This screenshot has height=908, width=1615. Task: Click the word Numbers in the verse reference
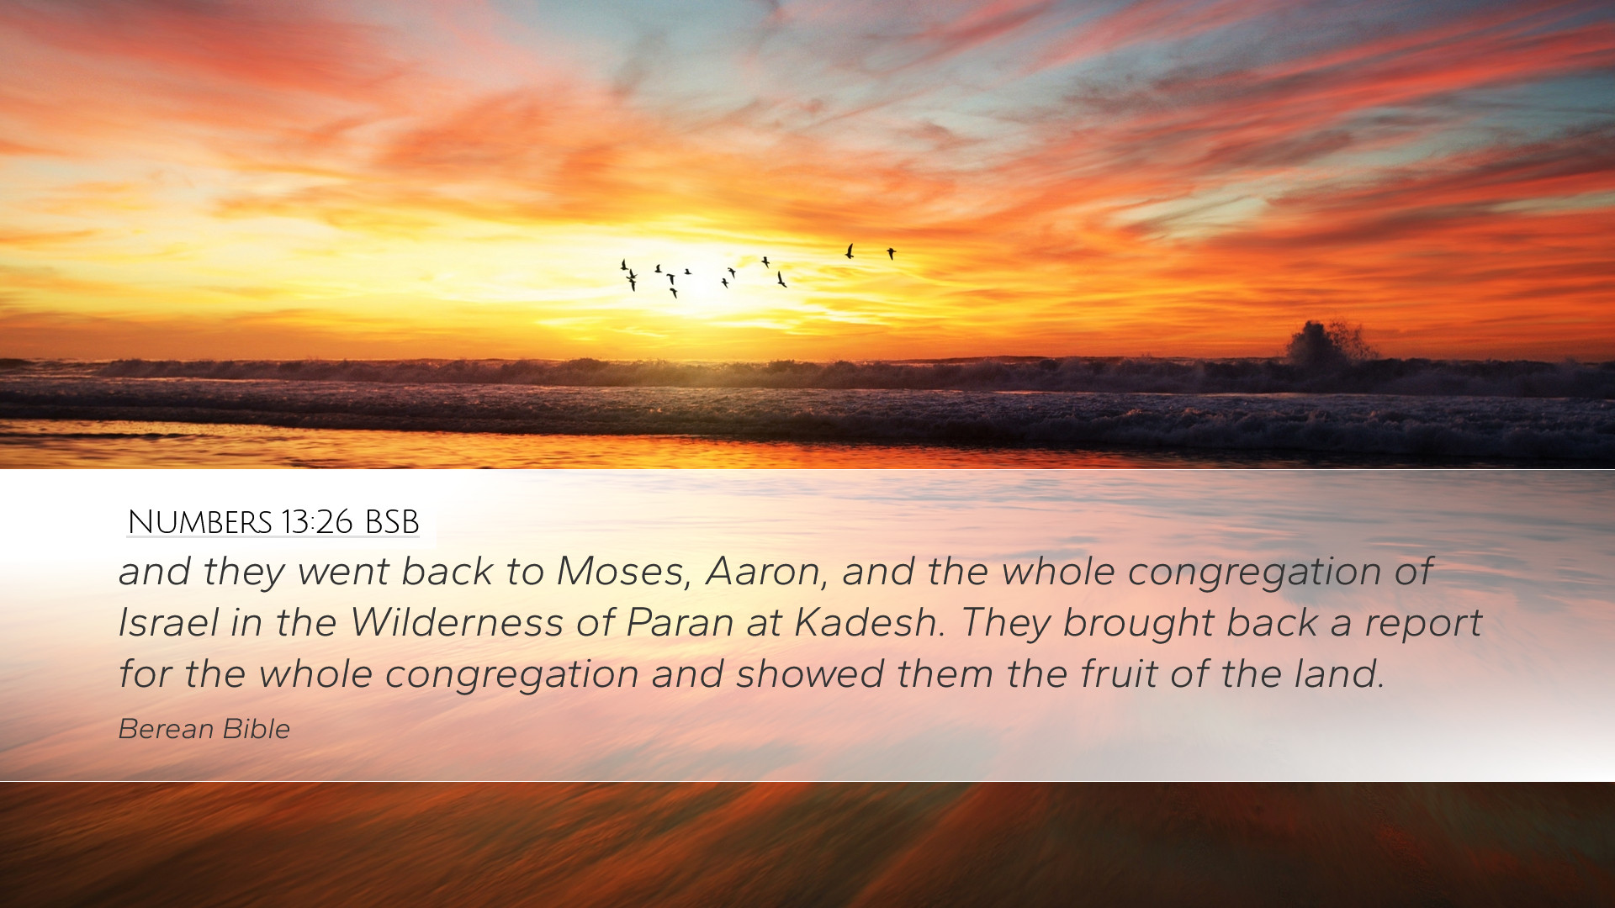[x=200, y=522]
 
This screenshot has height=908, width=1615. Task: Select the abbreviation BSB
[x=392, y=522]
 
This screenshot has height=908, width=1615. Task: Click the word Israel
[x=168, y=623]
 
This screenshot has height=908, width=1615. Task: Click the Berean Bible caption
[x=204, y=729]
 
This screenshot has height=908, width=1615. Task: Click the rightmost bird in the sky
[x=891, y=252]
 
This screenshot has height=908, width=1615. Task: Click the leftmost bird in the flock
[x=623, y=265]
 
